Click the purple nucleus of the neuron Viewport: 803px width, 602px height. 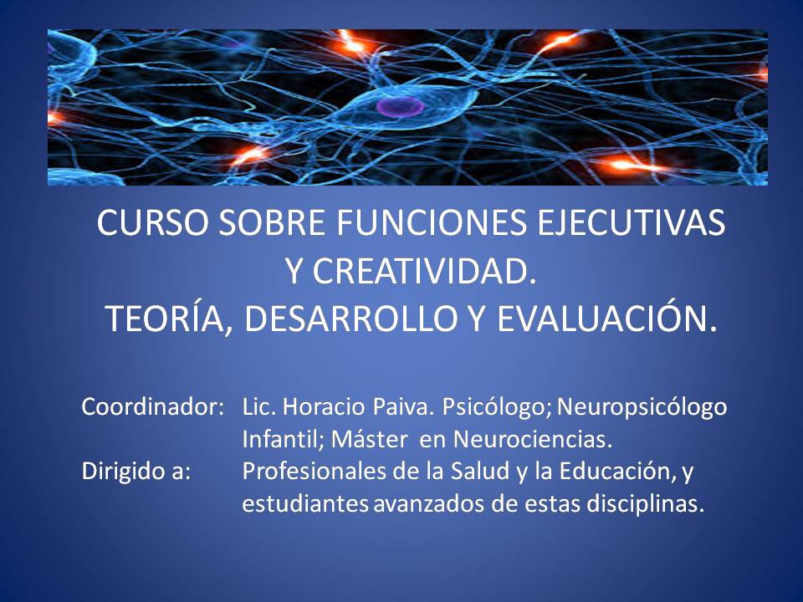coord(401,106)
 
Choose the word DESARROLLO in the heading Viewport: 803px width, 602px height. coord(350,319)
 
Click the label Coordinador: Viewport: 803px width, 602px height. coord(152,407)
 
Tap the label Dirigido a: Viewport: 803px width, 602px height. coord(136,471)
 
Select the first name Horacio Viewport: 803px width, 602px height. coord(324,407)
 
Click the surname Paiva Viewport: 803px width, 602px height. coord(403,407)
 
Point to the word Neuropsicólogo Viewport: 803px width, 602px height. coord(642,408)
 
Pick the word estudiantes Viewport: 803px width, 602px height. coord(305,503)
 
